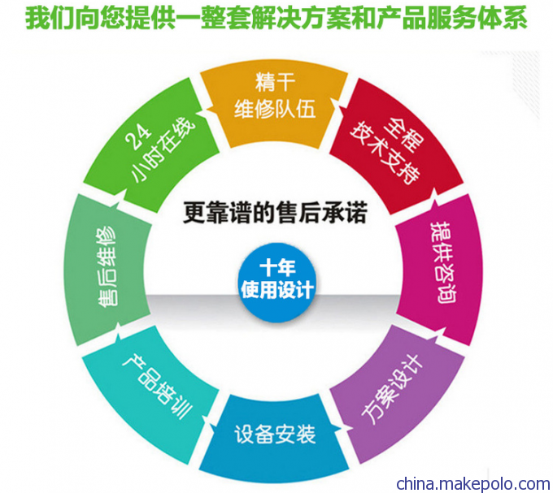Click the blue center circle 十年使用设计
(276, 283)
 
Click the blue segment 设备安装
(274, 437)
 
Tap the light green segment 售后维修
(107, 270)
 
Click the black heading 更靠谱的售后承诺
(275, 212)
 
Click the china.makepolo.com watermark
(473, 483)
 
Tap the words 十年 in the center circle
(277, 269)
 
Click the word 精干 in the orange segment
(275, 82)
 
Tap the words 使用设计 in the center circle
(276, 290)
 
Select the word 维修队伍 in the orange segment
(275, 109)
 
